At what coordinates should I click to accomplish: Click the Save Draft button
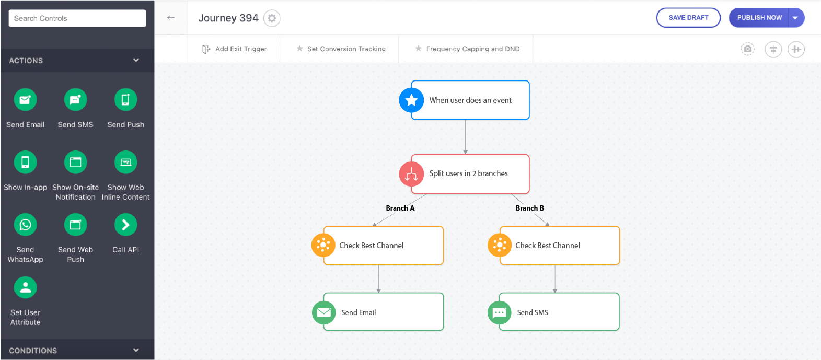coord(688,18)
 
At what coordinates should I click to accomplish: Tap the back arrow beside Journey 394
coord(171,18)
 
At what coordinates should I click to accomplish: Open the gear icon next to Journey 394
coord(272,18)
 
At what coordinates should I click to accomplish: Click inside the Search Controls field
coord(77,18)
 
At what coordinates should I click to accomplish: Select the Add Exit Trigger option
coord(235,49)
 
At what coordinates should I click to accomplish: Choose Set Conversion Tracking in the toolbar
coord(341,49)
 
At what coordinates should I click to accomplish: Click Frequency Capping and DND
coord(467,49)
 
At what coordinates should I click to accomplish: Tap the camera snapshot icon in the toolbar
coord(748,49)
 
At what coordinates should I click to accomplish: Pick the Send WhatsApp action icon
coord(25,224)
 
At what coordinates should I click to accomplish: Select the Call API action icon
coord(126,224)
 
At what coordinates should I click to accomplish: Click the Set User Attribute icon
coord(25,287)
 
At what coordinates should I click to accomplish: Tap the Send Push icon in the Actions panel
coord(126,99)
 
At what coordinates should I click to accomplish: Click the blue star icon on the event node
coord(411,100)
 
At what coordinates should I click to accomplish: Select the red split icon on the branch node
coord(411,174)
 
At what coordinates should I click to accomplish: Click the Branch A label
coord(400,208)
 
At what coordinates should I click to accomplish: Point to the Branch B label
coord(529,208)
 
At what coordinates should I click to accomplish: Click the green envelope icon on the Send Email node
coord(323,312)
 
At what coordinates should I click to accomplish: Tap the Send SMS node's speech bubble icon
coord(499,312)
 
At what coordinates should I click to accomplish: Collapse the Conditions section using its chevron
coord(136,350)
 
